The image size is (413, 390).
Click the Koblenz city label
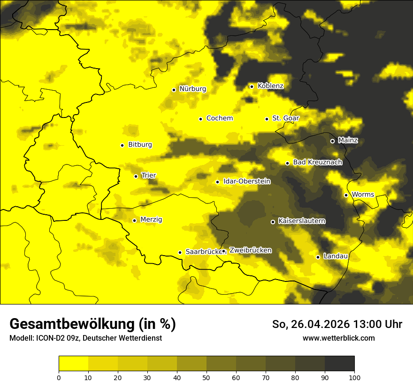270,86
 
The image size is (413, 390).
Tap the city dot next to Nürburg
174,90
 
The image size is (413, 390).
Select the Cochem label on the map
219,118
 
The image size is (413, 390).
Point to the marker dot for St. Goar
267,119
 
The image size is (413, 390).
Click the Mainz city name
348,140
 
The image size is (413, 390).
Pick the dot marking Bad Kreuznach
288,163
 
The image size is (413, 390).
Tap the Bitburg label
140,145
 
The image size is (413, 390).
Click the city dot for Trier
136,176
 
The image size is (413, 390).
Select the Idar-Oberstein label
247,181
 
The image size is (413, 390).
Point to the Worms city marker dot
346,195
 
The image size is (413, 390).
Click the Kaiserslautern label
301,221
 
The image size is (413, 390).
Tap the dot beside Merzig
134,220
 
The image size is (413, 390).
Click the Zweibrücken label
250,250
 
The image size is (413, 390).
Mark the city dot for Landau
318,257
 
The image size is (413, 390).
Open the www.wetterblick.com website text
338,338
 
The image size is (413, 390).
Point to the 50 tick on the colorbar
206,377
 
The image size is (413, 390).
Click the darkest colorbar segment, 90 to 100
339,364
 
